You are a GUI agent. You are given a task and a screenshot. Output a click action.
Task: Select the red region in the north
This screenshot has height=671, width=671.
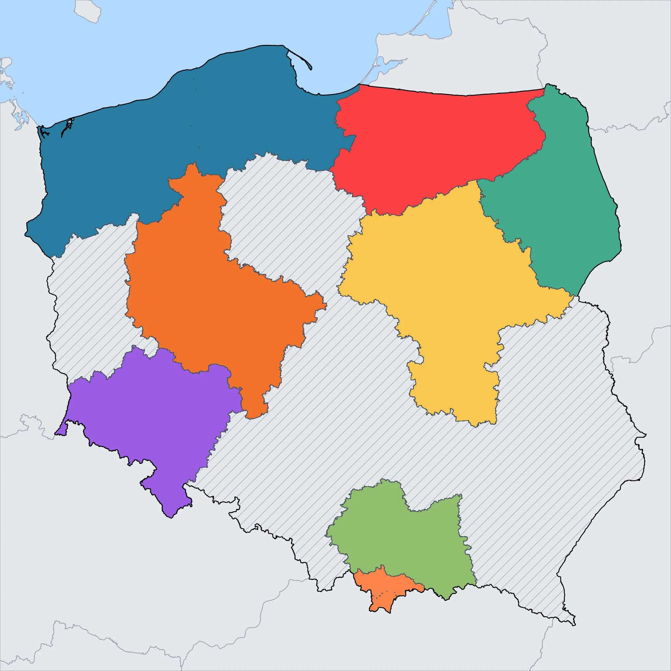[434, 139]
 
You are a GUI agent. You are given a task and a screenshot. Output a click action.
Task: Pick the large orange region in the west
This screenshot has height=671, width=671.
[208, 295]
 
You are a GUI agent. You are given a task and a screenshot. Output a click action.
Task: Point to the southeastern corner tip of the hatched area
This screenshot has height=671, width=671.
[575, 625]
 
